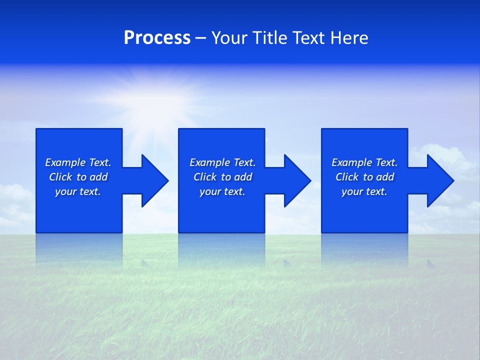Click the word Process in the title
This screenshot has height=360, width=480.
click(x=157, y=38)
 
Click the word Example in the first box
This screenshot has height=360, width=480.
click(x=65, y=162)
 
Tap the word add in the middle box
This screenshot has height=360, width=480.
click(x=242, y=177)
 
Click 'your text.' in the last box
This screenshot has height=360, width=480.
click(x=364, y=191)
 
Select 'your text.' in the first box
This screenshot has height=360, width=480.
click(x=78, y=191)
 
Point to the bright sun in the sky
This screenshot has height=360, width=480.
click(x=150, y=100)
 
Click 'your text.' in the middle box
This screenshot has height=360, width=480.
click(x=222, y=191)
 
